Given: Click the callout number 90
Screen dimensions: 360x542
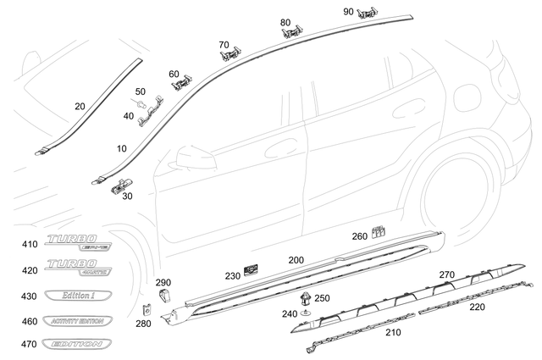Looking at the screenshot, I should tap(348, 11).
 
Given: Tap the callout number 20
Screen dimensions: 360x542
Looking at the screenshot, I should tap(80, 107).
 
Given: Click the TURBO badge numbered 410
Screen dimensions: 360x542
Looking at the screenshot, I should tap(77, 244).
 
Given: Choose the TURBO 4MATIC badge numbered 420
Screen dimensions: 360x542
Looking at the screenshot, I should tap(77, 269).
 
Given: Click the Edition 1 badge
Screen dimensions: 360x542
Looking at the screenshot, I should tap(77, 296).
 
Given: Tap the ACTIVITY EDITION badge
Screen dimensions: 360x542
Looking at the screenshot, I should tap(77, 321).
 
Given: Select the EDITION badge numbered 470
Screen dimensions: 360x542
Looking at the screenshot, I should tap(77, 345).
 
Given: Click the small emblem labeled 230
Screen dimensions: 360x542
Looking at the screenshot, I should tap(251, 270).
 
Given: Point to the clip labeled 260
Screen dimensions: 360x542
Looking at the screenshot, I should tap(379, 230).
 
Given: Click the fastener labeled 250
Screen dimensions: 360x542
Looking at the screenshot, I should tap(304, 298).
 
